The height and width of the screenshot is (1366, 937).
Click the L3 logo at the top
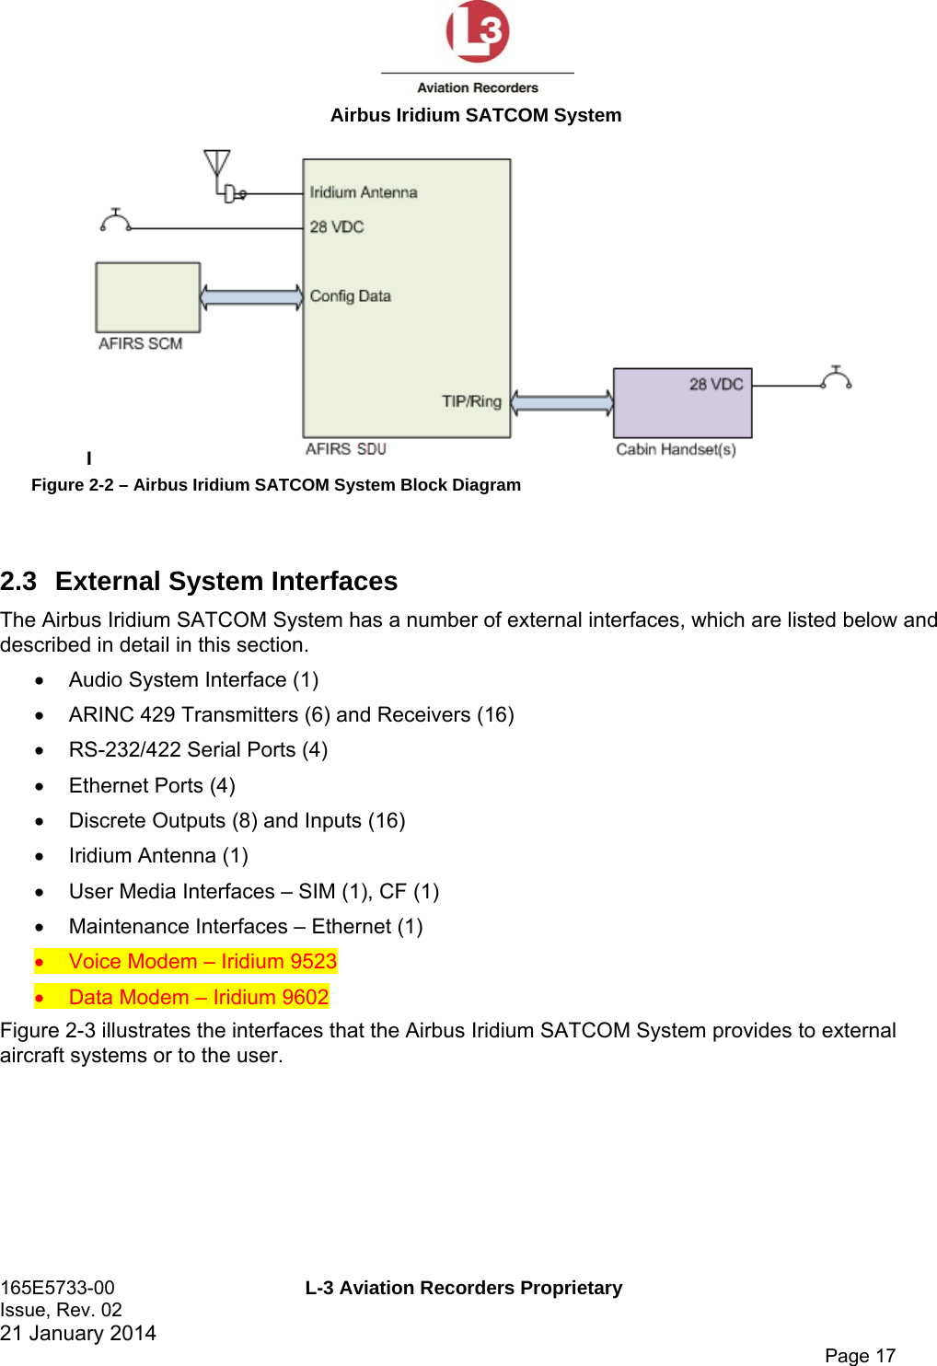coord(477,32)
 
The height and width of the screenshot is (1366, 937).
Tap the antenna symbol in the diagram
coord(217,167)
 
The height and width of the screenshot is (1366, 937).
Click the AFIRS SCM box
coord(147,297)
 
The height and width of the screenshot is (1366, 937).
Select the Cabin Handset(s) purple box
coord(682,403)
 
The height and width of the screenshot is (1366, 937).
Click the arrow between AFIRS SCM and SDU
coord(251,296)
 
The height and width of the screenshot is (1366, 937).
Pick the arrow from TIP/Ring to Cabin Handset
coord(561,402)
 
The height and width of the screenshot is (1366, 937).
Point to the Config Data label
coord(351,296)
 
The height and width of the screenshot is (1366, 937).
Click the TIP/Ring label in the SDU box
coord(471,401)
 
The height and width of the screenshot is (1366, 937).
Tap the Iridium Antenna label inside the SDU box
coord(364,192)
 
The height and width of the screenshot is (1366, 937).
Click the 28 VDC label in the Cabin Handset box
coord(716,384)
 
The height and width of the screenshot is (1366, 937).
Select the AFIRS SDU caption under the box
coord(346,449)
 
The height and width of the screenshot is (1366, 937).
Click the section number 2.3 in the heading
coord(18,582)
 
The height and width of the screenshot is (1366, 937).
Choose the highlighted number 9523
coord(313,962)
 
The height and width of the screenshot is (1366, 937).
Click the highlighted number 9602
coord(305,997)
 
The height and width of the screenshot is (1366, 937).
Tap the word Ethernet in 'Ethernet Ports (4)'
coord(106,786)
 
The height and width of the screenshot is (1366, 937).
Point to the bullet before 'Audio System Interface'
coord(39,681)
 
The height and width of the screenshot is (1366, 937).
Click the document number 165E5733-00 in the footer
coord(58,1288)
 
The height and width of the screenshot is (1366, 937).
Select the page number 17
coord(885,1355)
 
